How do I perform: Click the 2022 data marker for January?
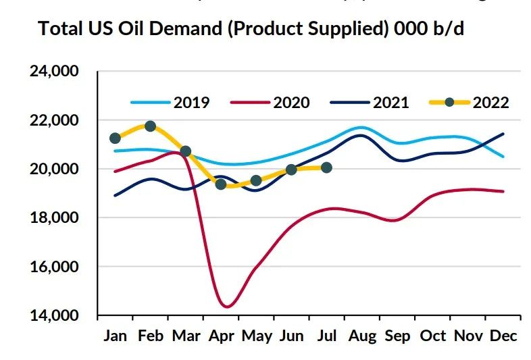[115, 138]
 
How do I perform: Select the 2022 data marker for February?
[150, 126]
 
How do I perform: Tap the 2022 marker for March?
[186, 151]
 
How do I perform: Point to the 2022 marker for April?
[221, 184]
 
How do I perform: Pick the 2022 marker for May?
[256, 180]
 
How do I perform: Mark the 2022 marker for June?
[291, 170]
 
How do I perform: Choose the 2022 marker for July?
[326, 168]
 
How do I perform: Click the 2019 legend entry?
[170, 103]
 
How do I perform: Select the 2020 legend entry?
[270, 103]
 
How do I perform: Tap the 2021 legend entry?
[370, 103]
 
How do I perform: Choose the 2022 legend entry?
[469, 103]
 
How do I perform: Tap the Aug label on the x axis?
[361, 336]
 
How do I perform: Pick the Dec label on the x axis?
[503, 336]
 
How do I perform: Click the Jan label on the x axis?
[116, 336]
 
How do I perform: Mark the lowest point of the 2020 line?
[227, 307]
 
